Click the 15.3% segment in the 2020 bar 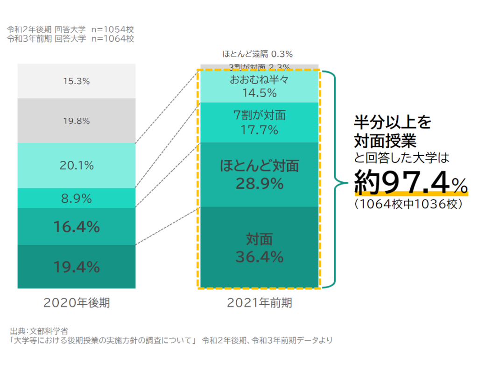[77, 81]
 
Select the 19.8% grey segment [77, 121]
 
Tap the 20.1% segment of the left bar [77, 165]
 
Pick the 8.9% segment [77, 199]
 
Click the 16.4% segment [77, 227]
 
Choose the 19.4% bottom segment [77, 267]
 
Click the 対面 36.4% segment [259, 248]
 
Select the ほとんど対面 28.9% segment [259, 174]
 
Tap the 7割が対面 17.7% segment [259, 122]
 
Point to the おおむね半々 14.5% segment [259, 86]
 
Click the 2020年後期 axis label [77, 303]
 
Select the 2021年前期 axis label [259, 303]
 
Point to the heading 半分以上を [393, 122]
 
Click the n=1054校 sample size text [112, 29]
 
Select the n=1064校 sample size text [112, 39]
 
